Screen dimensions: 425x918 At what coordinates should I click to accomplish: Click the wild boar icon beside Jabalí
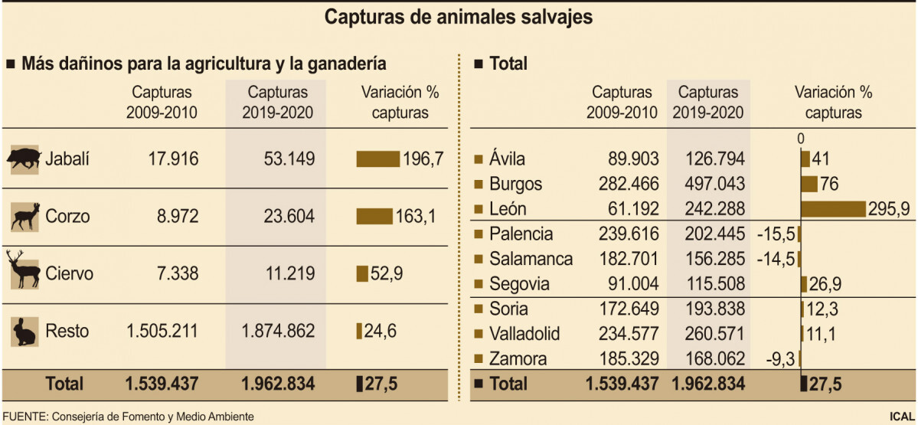[24, 159]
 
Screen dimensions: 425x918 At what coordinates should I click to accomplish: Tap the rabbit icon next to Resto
[24, 331]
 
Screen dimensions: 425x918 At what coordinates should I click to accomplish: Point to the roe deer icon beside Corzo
[24, 216]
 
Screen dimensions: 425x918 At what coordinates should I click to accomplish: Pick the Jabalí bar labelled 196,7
[377, 159]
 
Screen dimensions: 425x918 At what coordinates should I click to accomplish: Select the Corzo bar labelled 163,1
[374, 217]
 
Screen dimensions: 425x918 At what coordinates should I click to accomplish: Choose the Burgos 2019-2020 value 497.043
[708, 184]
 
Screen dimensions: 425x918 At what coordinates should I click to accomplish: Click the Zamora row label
[518, 358]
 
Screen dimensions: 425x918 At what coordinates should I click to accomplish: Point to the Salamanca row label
[531, 259]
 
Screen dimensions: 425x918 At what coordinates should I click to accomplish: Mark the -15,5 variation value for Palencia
[774, 234]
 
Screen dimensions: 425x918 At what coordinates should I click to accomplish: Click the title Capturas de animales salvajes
[459, 17]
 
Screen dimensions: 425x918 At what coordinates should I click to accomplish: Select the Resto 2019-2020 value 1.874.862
[277, 332]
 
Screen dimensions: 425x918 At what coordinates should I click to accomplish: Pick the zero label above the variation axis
[800, 139]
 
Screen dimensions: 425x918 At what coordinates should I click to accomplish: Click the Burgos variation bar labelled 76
[809, 184]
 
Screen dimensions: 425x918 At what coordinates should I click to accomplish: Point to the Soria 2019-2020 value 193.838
[708, 309]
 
